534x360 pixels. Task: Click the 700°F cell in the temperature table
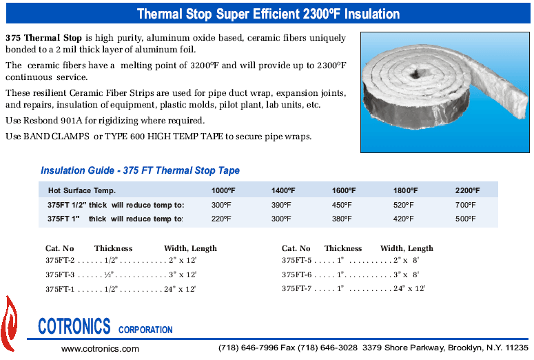[x=465, y=205]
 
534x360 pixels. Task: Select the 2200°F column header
[x=467, y=190]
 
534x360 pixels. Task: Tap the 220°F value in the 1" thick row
[x=221, y=219]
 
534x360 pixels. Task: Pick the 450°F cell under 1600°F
[x=342, y=205]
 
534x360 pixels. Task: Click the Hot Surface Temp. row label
[x=82, y=190]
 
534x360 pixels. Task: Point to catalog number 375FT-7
[x=296, y=288]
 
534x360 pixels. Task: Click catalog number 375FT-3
[x=60, y=274]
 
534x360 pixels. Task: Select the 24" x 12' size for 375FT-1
[x=180, y=289]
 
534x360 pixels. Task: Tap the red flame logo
[x=9, y=324]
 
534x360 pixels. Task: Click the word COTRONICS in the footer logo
[x=74, y=326]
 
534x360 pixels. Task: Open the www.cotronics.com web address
[x=100, y=349]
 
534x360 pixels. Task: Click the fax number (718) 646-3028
[x=327, y=348]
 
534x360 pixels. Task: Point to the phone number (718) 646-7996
[x=248, y=348]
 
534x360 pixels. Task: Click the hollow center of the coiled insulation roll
[x=415, y=73]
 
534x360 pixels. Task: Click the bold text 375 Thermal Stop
[x=43, y=37]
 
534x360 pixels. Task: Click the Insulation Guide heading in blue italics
[x=140, y=170]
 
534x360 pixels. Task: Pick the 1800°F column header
[x=405, y=190]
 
